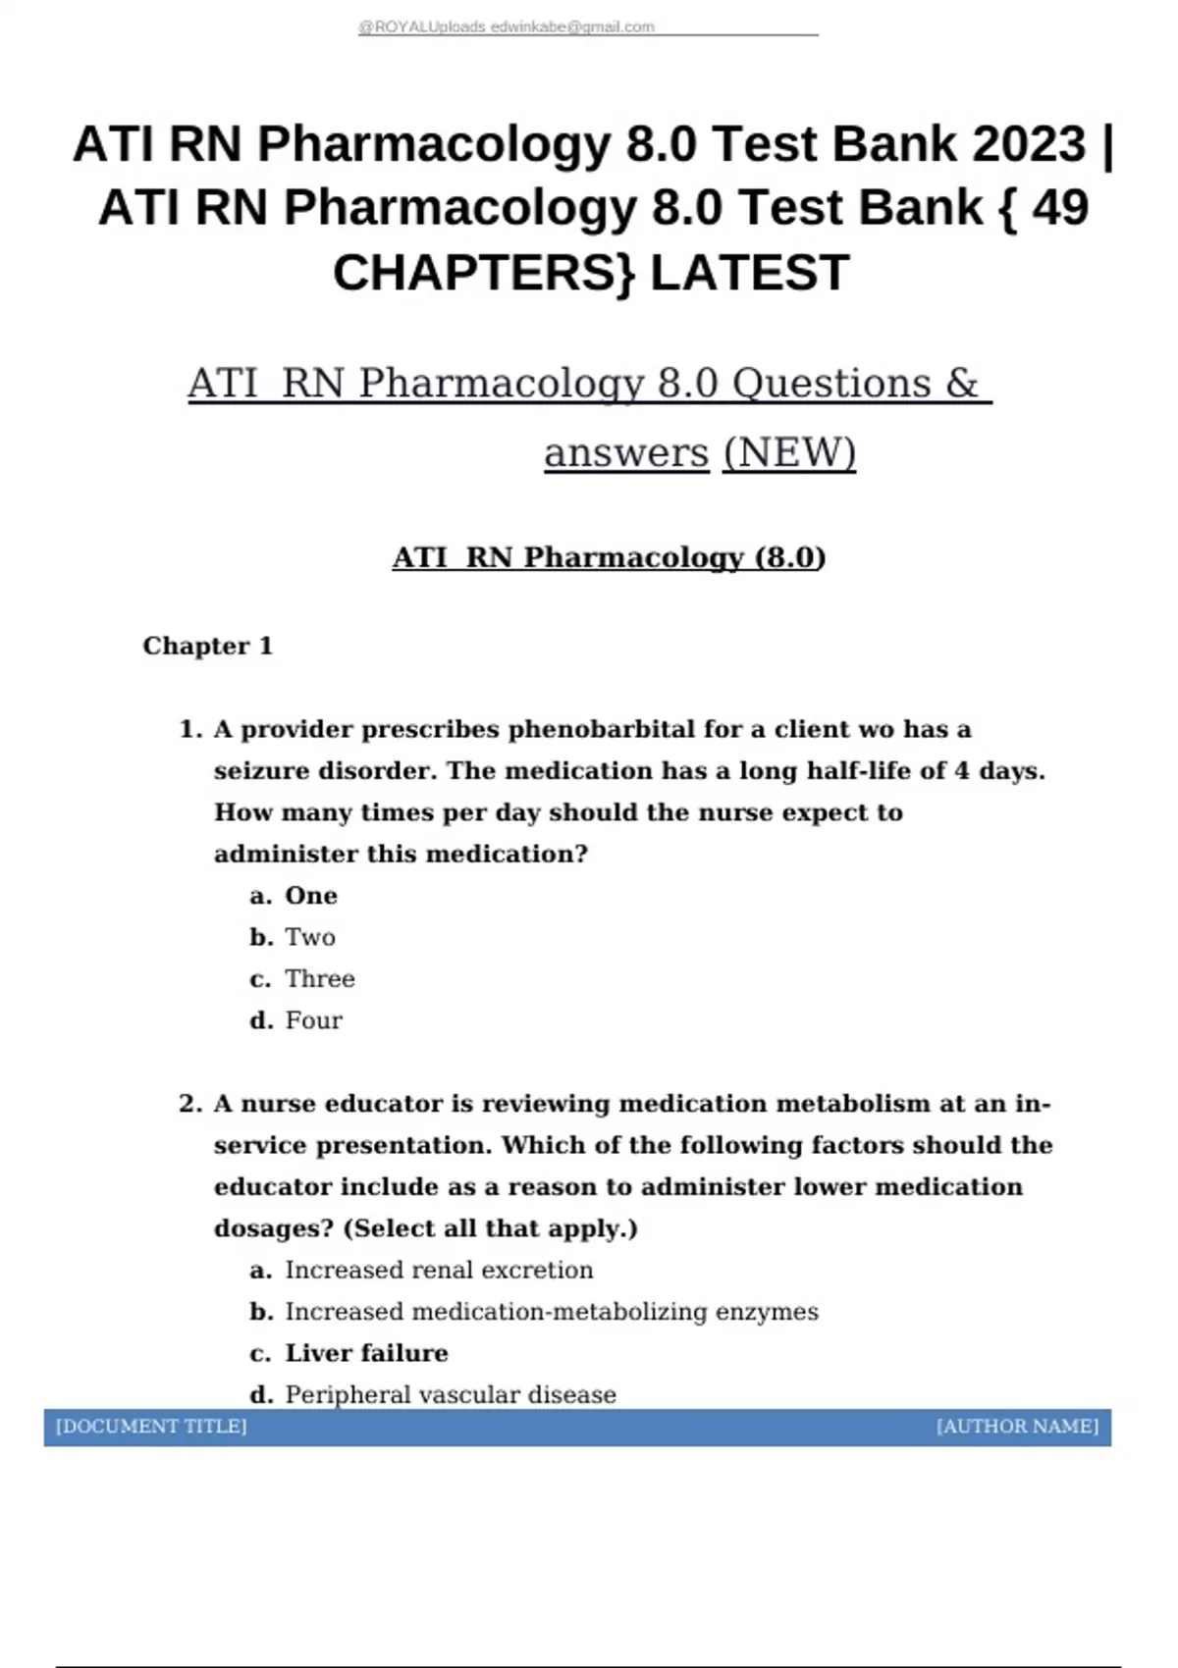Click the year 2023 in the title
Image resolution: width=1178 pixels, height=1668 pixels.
tap(1029, 144)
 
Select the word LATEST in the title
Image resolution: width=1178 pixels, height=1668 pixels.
tap(749, 273)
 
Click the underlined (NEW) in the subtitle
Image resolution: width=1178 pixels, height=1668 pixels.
tap(789, 452)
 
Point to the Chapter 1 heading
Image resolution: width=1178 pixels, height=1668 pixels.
tap(207, 646)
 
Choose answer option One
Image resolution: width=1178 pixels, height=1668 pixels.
tap(310, 896)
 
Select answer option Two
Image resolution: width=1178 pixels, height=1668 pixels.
tap(309, 937)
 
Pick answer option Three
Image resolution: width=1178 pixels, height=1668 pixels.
tap(319, 978)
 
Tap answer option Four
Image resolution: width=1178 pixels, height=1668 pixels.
tap(313, 1020)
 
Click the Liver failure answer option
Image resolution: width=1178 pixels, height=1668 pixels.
tap(366, 1353)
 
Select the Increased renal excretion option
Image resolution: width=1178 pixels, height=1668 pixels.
tap(439, 1270)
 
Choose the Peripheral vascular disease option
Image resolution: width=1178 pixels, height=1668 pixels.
tap(451, 1394)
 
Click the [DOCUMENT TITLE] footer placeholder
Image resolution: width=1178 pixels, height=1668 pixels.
tap(151, 1427)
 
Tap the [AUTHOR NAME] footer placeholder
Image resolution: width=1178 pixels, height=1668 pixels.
tap(1017, 1427)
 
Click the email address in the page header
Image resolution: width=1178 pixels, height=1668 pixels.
tap(572, 27)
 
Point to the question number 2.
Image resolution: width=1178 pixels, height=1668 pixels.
tap(189, 1104)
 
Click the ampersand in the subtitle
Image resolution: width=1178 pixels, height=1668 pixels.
tap(962, 384)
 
